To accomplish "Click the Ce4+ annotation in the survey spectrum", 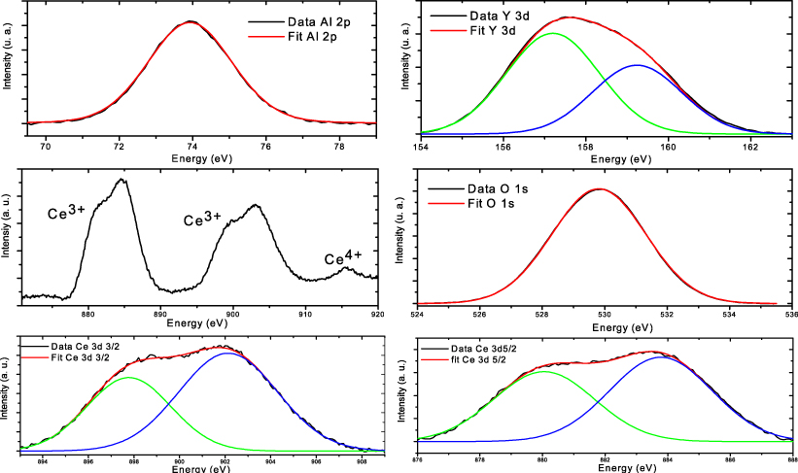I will tap(343, 258).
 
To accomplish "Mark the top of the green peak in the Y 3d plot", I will tap(553, 33).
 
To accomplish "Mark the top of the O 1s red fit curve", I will tap(600, 188).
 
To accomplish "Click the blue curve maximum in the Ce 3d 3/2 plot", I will tap(227, 353).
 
